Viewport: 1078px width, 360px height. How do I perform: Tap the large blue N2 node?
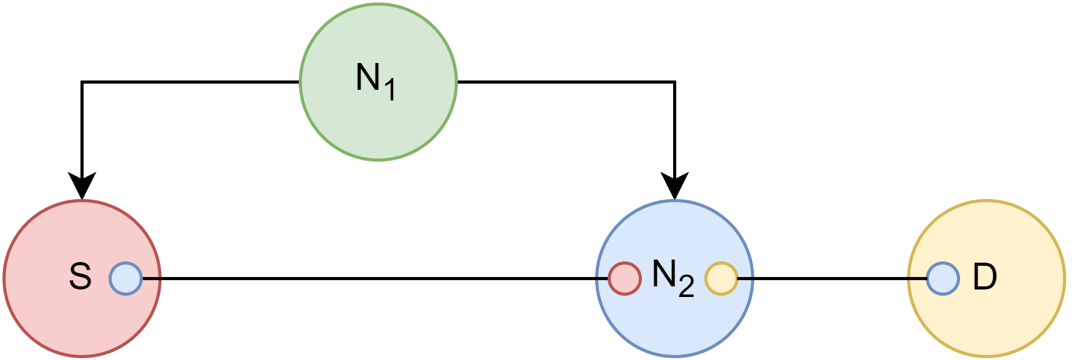pos(674,324)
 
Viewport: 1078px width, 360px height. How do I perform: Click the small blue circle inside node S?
pos(126,278)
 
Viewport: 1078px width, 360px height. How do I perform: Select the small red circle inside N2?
pos(624,278)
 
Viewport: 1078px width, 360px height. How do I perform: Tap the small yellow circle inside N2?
pos(721,278)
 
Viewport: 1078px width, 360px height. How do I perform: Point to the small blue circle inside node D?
pos(943,278)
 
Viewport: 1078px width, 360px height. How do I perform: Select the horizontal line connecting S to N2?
pos(374,278)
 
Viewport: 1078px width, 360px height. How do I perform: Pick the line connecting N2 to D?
pos(830,278)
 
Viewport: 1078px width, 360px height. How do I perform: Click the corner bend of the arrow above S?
pos(82,82)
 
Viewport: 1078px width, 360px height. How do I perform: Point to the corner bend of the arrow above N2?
pos(674,82)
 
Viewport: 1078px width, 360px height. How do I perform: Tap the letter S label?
pos(80,276)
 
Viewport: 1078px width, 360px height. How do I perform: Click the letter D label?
pos(984,276)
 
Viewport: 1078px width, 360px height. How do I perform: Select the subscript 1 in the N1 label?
pos(390,90)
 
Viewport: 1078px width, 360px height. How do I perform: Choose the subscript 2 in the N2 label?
pos(686,286)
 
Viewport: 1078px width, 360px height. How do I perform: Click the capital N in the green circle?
pos(367,77)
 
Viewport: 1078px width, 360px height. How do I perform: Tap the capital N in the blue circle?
pos(664,273)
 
